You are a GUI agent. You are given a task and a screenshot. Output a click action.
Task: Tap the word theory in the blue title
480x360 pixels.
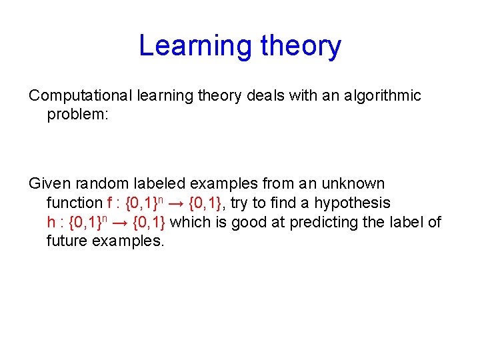[x=301, y=46]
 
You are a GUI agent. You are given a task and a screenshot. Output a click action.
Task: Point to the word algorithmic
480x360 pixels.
[x=383, y=96]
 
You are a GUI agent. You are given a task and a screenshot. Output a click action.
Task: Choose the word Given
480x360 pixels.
[x=48, y=183]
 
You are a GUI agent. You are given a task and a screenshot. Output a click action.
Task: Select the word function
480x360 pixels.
[x=74, y=203]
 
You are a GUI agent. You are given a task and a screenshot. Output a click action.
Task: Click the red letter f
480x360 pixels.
[x=110, y=203]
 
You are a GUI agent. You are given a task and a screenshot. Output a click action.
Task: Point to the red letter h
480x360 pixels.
[x=51, y=222]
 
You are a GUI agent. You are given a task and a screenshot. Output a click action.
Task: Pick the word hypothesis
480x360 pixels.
[x=352, y=203]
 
